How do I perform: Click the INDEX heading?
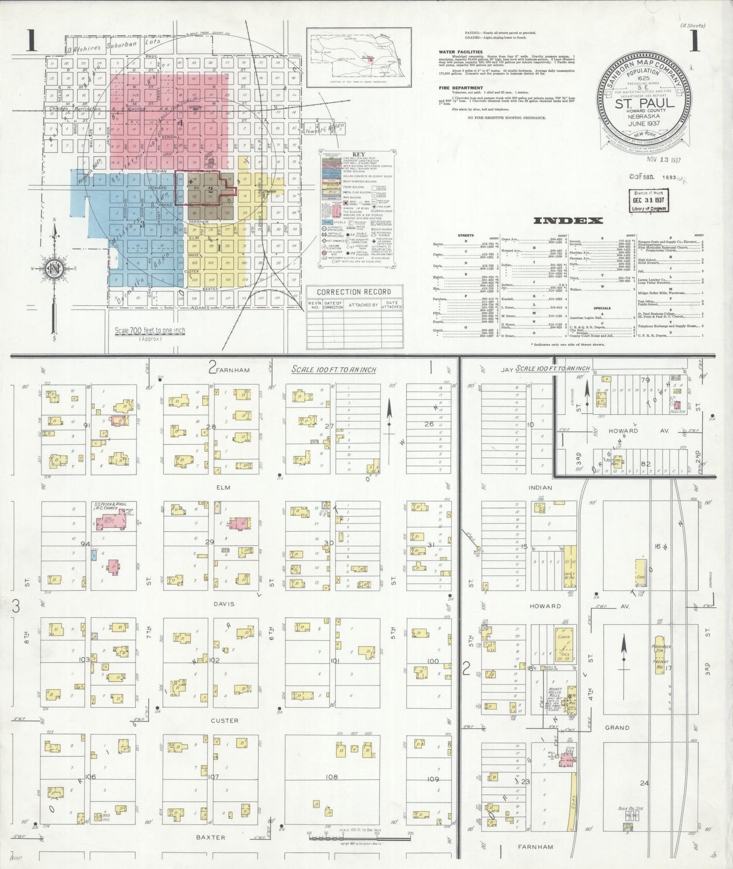click(x=568, y=221)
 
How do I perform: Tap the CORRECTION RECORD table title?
click(x=354, y=292)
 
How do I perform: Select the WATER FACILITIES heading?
click(x=461, y=52)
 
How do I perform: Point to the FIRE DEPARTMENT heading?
click(x=461, y=88)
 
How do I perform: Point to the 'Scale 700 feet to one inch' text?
click(x=150, y=331)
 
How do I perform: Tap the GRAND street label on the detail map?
click(x=617, y=728)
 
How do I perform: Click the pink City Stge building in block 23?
click(x=567, y=759)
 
